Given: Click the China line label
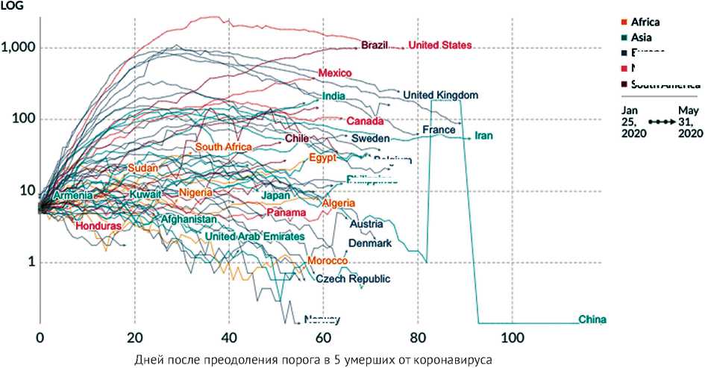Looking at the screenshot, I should click(x=593, y=320).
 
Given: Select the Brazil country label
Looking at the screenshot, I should click(x=375, y=46).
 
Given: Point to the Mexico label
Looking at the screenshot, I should click(x=334, y=73).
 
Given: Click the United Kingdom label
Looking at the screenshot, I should click(x=440, y=96).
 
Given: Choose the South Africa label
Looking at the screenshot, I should click(x=224, y=147).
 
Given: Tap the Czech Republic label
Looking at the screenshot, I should click(x=353, y=279).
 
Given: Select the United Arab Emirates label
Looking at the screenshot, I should click(x=254, y=237).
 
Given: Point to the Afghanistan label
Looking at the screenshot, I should click(x=189, y=219).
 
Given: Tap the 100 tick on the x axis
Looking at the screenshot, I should click(x=512, y=336).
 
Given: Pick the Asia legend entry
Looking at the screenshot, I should click(x=643, y=37).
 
